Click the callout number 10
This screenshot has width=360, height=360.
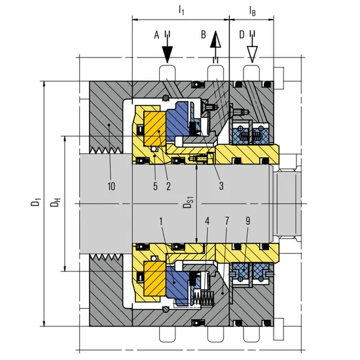[x=111, y=186]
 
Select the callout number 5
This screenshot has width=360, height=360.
[x=155, y=186]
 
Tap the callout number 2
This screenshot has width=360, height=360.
[x=168, y=186]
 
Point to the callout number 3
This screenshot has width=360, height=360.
[x=221, y=186]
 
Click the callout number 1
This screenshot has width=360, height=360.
[x=161, y=221]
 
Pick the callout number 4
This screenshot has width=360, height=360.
[x=207, y=221]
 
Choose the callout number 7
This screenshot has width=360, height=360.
[x=226, y=221]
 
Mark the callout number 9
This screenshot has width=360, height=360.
[x=247, y=221]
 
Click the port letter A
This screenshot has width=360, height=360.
[x=156, y=35]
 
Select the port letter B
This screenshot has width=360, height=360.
[x=204, y=35]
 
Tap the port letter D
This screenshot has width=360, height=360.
[x=242, y=35]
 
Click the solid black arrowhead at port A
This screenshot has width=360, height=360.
[x=168, y=54]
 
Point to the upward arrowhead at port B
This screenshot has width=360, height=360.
[x=215, y=39]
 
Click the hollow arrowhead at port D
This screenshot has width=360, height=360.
[x=252, y=54]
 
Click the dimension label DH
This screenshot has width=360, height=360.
[x=56, y=202]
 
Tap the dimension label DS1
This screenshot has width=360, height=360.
[x=189, y=202]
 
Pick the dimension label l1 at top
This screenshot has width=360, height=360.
[x=181, y=10]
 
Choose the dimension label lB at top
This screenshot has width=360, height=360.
[x=252, y=10]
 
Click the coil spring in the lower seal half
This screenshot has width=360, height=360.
[x=204, y=298]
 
